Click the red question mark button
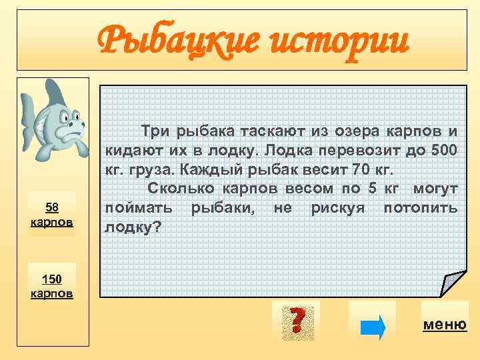point(296,320)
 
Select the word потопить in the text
point(421,207)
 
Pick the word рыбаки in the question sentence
point(225,207)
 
